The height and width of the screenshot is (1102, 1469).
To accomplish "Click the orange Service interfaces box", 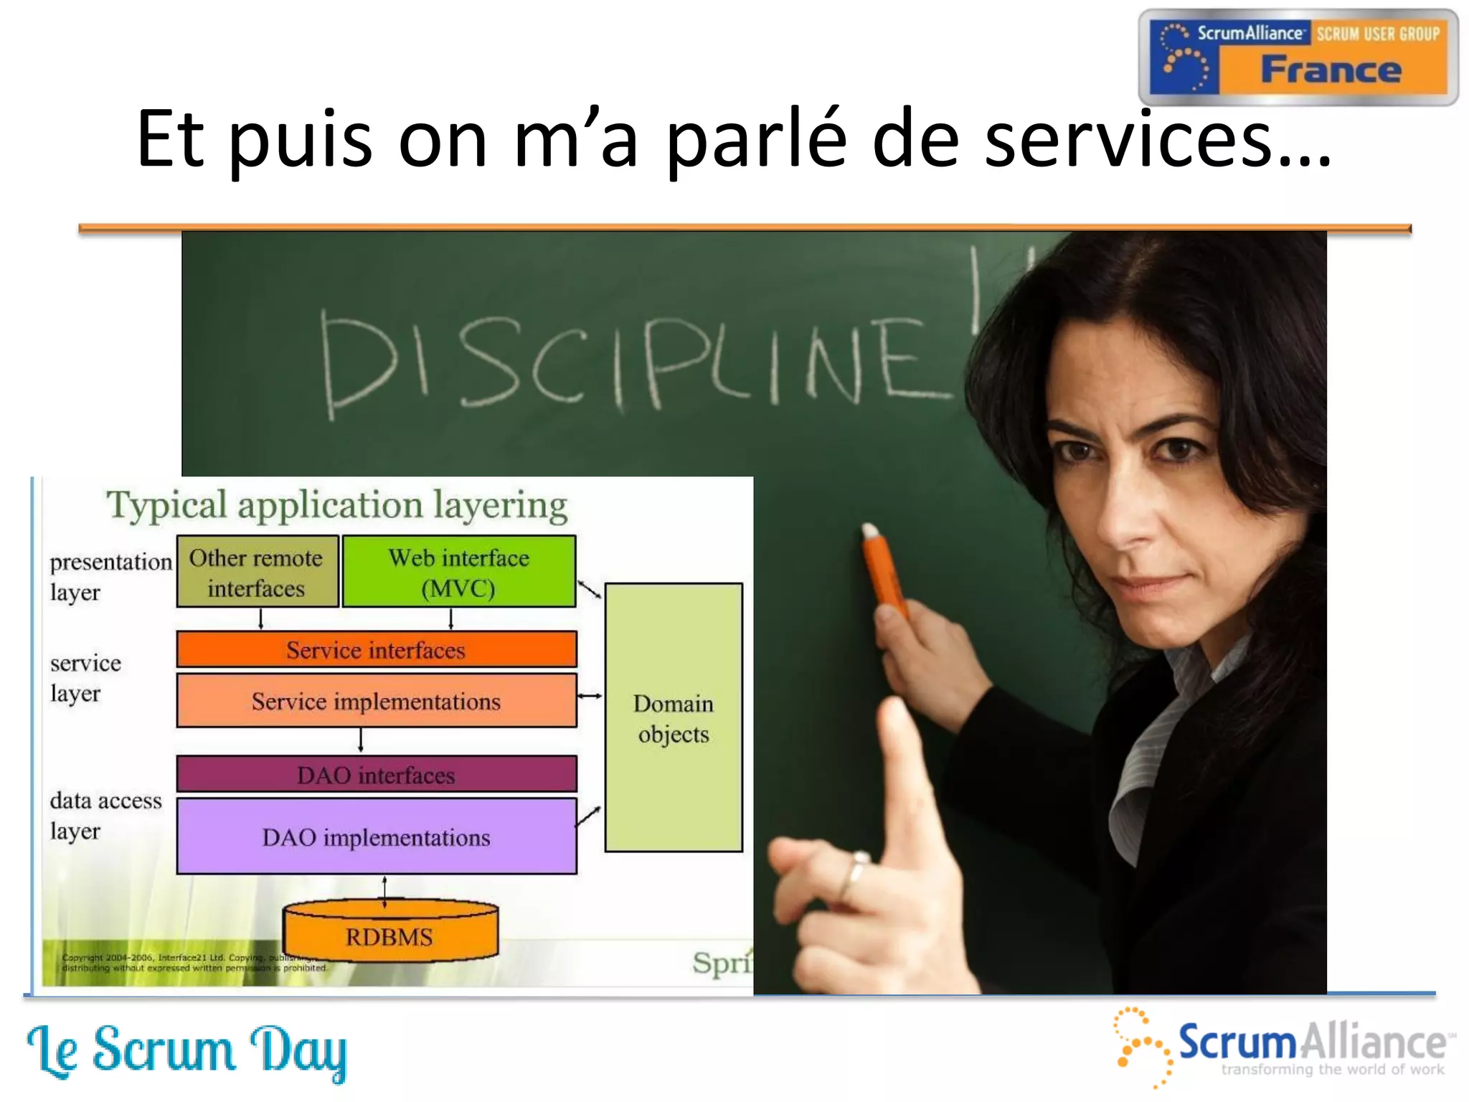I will [377, 650].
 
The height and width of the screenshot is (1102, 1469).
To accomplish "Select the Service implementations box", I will [377, 701].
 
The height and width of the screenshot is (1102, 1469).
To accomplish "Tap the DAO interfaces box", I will [377, 775].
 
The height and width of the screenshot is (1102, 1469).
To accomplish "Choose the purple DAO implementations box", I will [377, 837].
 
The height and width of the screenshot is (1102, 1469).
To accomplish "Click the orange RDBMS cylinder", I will [390, 936].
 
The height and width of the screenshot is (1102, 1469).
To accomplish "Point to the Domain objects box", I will [674, 718].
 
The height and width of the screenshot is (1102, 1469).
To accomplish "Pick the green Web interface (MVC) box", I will [459, 573].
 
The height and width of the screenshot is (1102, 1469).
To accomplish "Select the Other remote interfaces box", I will [257, 573].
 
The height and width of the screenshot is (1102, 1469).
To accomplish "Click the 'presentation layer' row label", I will [109, 577].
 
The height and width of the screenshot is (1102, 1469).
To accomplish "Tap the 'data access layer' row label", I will [105, 816].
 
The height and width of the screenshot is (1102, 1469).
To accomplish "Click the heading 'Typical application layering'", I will [337, 505].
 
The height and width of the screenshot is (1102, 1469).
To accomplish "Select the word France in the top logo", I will [1331, 70].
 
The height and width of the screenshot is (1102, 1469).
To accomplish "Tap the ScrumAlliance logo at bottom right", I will [1284, 1046].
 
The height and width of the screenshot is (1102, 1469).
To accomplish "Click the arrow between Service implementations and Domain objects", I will [590, 696].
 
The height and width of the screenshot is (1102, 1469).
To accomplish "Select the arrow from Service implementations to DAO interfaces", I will [361, 740].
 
